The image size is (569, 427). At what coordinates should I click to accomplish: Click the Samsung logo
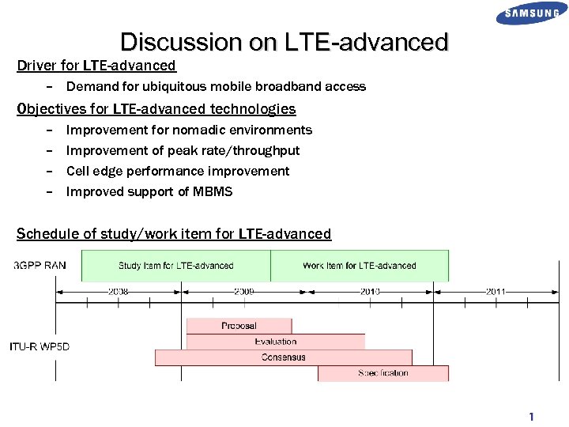[x=532, y=13]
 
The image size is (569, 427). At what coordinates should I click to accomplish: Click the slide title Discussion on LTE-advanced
[x=284, y=42]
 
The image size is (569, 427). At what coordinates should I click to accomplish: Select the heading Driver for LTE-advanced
[x=96, y=66]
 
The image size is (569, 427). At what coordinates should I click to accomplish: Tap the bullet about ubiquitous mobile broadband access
[x=216, y=86]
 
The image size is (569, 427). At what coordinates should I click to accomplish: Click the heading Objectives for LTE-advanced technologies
[x=156, y=109]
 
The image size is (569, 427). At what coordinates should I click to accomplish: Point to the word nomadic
[x=196, y=130]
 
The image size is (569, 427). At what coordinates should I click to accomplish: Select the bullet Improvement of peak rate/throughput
[x=183, y=150]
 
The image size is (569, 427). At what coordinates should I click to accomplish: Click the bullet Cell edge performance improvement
[x=178, y=171]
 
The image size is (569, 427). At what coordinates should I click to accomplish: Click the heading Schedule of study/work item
[x=174, y=234]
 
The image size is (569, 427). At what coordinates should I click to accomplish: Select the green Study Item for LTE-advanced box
[x=175, y=266]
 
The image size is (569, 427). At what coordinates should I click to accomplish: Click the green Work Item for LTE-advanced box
[x=360, y=266]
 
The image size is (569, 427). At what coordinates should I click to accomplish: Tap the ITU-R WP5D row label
[x=40, y=346]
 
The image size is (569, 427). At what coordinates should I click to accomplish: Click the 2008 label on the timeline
[x=119, y=292]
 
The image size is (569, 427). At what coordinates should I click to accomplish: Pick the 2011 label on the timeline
[x=496, y=292]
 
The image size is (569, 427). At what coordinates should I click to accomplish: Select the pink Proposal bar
[x=239, y=326]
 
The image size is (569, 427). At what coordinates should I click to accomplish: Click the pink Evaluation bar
[x=276, y=342]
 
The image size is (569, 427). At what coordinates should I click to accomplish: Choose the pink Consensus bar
[x=283, y=357]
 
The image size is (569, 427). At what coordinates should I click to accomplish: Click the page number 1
[x=532, y=417]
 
